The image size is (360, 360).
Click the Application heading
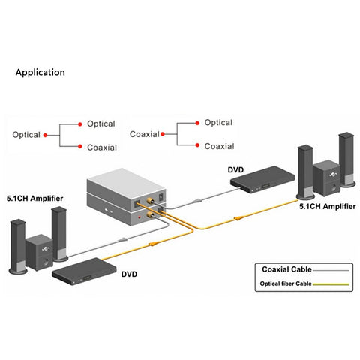(40, 73)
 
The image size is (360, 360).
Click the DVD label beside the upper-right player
(235, 170)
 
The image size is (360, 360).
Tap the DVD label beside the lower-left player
(129, 274)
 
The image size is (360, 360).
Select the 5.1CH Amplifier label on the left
(34, 199)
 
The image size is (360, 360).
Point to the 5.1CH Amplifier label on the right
(328, 206)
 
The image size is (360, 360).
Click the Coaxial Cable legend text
(286, 269)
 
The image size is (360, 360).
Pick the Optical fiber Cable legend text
(286, 283)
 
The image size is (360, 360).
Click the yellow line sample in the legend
(331, 284)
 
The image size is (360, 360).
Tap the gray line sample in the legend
(331, 270)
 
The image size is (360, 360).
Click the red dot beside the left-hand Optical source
(45, 135)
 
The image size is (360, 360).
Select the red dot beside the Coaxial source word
(163, 134)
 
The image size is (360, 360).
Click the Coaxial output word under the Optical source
(102, 148)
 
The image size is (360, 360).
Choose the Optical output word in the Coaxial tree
(218, 123)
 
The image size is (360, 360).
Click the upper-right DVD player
(262, 179)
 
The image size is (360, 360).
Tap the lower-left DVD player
(84, 271)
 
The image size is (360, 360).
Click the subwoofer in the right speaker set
(326, 178)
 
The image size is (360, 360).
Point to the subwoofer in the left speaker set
(39, 253)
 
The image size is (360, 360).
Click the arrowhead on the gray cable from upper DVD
(197, 200)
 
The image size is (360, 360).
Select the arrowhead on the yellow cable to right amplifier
(238, 218)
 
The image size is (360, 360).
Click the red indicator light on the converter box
(139, 217)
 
